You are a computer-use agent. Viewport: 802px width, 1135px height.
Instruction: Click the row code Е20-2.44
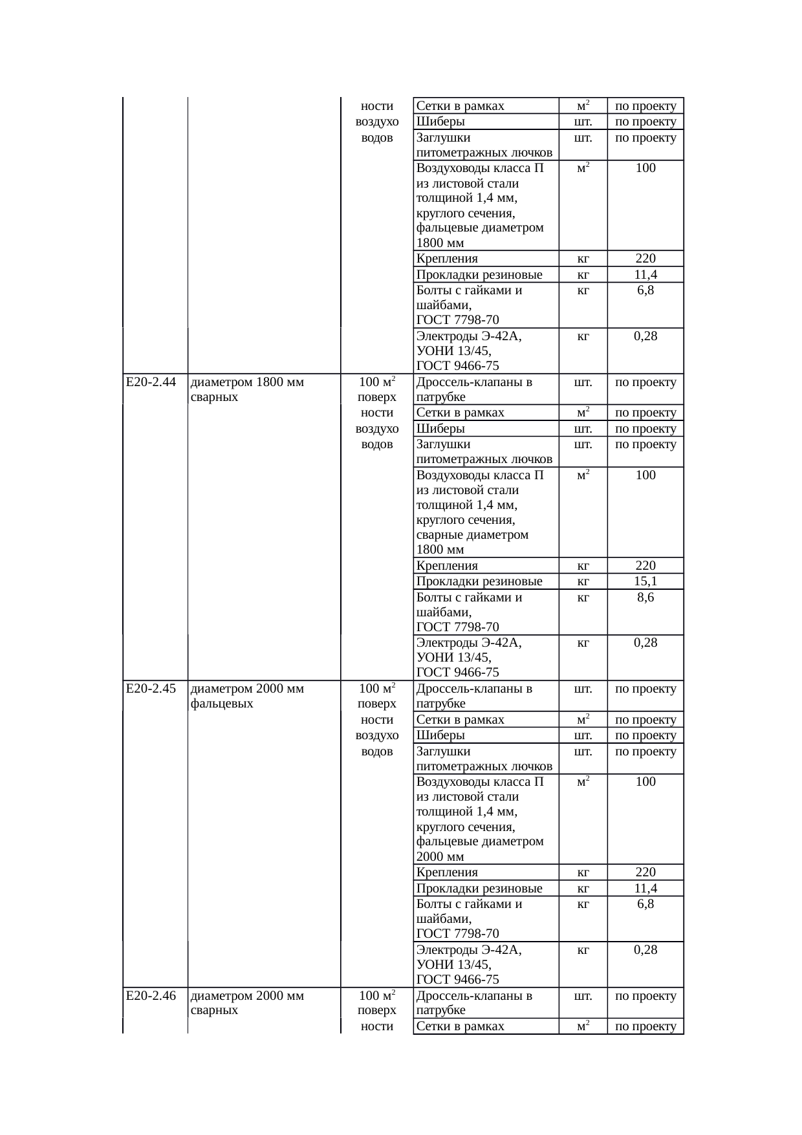coord(151,382)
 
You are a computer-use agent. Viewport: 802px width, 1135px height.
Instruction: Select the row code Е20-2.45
coord(151,689)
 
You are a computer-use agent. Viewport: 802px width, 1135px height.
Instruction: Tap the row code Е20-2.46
coord(151,995)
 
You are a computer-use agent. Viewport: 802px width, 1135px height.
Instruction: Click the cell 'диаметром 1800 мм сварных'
coord(247,389)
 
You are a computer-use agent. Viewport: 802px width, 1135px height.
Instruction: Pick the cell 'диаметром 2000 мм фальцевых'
coord(247,696)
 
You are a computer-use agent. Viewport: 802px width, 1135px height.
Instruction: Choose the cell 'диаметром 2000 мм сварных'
coord(247,1002)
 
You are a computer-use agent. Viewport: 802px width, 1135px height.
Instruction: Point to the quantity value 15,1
coord(645,581)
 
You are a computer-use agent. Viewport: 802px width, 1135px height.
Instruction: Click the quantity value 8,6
coord(645,597)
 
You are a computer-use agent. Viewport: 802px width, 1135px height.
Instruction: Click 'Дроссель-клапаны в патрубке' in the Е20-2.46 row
coord(474,1002)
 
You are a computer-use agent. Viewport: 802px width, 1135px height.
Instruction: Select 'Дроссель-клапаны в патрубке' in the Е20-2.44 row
coord(474,389)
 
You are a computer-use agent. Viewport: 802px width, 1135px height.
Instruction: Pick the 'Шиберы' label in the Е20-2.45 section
coord(440,735)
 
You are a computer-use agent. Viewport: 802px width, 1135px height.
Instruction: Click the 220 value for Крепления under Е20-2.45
coord(645,872)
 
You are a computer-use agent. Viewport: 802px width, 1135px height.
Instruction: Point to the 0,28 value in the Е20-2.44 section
coord(645,642)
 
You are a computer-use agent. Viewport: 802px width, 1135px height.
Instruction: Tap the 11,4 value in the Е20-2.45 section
coord(645,888)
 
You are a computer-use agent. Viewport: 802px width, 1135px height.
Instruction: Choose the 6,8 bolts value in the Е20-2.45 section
coord(645,903)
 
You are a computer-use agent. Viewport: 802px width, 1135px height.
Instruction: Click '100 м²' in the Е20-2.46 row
coord(377,995)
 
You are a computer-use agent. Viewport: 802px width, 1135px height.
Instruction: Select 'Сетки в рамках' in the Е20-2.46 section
coord(460,1026)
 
